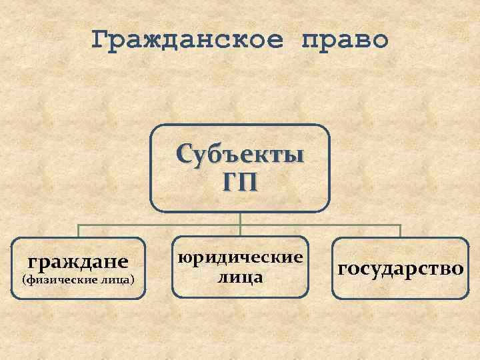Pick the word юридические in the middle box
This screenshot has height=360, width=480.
(240, 257)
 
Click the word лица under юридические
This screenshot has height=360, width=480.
(240, 276)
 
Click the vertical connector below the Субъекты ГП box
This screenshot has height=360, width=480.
(240, 218)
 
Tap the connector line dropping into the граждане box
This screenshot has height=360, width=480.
(79, 231)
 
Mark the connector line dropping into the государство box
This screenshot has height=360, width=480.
(400, 231)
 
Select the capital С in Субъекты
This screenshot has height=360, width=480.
(184, 154)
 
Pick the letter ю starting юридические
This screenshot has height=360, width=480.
(183, 257)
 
